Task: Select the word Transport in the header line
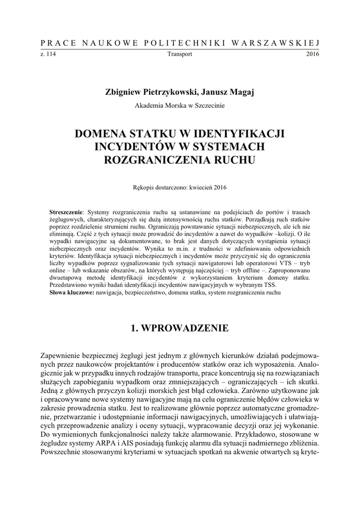coord(180,54)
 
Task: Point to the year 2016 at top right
coord(313,54)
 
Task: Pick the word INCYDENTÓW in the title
coord(127,147)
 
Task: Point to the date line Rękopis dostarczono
coord(180,188)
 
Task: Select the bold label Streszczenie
coord(65,212)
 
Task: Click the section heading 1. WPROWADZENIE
coord(180,327)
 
